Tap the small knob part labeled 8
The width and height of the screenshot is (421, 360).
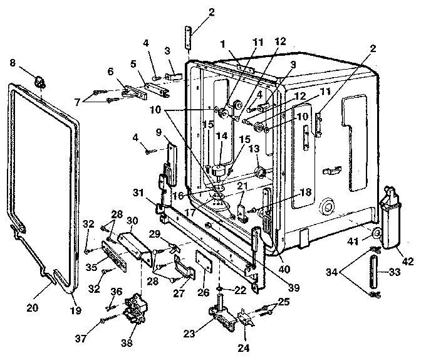pyautogui.click(x=40, y=81)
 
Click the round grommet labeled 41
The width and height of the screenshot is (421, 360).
pyautogui.click(x=378, y=234)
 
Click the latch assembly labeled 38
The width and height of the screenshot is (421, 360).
pyautogui.click(x=135, y=309)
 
